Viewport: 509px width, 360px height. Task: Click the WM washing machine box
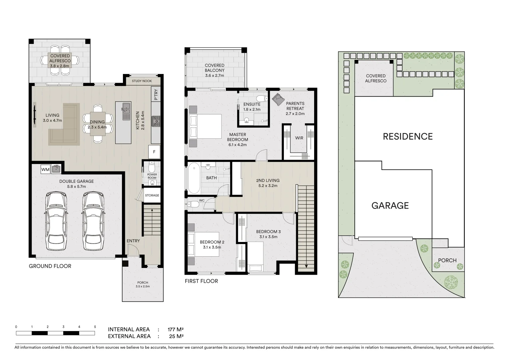[x=45, y=170]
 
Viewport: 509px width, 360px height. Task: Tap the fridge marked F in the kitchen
[x=154, y=152]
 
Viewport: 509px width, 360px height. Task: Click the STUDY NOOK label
[x=142, y=81]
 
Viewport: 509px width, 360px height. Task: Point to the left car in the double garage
[x=56, y=221]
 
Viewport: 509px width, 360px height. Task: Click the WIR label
[x=299, y=138]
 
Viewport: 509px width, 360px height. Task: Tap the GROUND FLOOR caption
[x=50, y=266]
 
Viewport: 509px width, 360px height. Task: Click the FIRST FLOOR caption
[x=201, y=281]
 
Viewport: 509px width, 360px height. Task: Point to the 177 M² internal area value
[x=176, y=330]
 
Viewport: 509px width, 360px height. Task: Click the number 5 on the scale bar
[x=95, y=327]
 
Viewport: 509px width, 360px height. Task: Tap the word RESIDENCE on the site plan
[x=408, y=136]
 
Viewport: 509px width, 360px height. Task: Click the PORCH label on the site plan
[x=447, y=260]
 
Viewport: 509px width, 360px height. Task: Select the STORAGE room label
[x=152, y=195]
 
